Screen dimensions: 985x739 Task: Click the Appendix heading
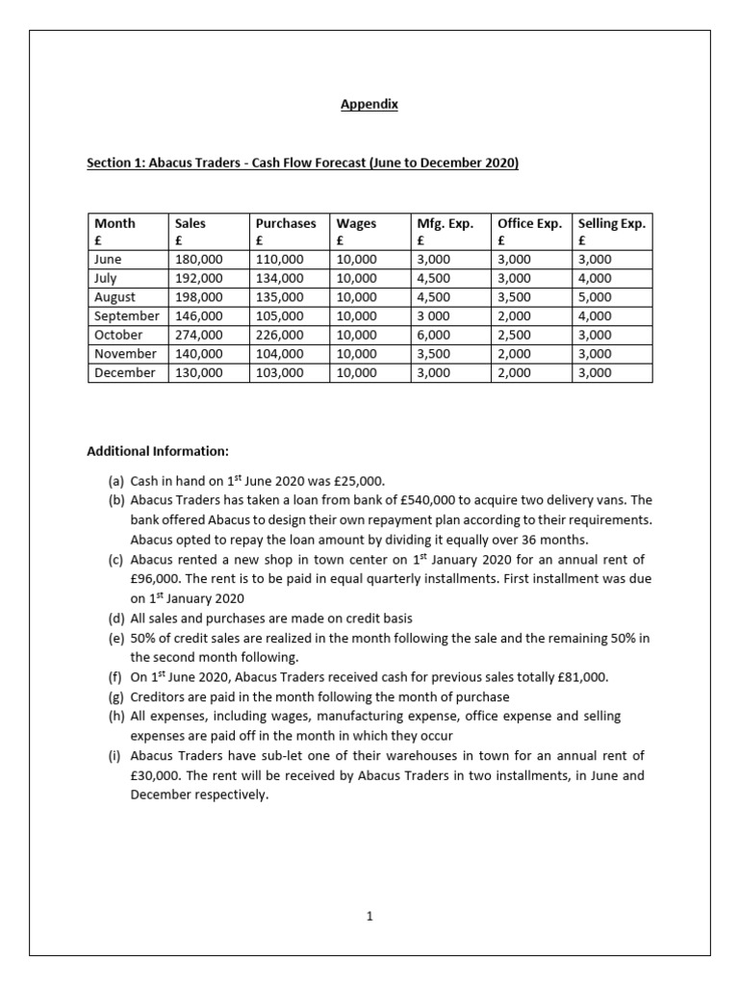(x=369, y=106)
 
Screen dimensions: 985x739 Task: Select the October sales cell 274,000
(x=198, y=335)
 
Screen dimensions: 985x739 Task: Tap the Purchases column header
(x=285, y=223)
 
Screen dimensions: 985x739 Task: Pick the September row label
(x=126, y=316)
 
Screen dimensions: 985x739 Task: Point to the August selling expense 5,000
(x=595, y=297)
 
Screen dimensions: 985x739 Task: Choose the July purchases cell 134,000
(x=279, y=279)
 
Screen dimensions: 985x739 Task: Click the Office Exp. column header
(x=528, y=223)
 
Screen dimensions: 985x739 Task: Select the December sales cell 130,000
(x=198, y=372)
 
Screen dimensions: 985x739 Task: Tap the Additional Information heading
(x=158, y=450)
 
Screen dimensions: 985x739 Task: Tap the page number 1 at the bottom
(x=369, y=918)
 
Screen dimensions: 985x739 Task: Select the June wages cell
(x=357, y=260)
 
